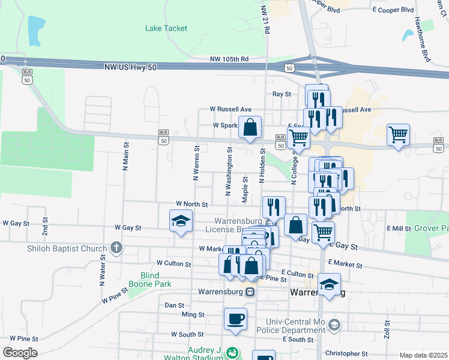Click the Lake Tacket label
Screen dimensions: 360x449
pos(166,28)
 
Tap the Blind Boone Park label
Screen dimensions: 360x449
pos(151,280)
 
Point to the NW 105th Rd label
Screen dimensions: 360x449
pos(229,59)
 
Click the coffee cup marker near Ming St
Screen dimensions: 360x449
pos(235,319)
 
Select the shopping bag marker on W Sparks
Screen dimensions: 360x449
pos(250,127)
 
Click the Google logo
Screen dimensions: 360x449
pos(20,353)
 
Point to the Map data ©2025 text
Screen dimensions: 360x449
pos(423,355)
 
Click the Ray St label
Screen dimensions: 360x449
pos(282,94)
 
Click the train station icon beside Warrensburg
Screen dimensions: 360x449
pos(250,292)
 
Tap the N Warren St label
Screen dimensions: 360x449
pos(196,163)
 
